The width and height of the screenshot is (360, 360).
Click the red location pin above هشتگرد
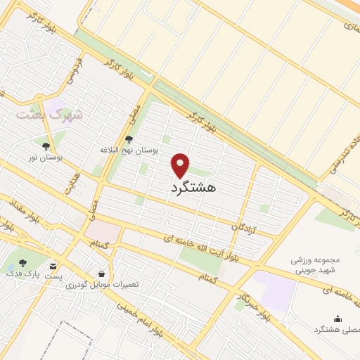(x=181, y=165)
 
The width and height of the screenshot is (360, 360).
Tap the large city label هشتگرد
(x=193, y=188)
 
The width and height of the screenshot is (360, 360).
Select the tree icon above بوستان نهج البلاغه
(x=128, y=139)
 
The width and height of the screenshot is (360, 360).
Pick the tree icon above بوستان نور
(x=46, y=146)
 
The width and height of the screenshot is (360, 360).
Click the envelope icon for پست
(x=54, y=266)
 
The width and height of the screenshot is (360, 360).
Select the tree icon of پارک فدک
(x=22, y=263)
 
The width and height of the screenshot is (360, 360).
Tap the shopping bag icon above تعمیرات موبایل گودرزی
(x=103, y=273)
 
